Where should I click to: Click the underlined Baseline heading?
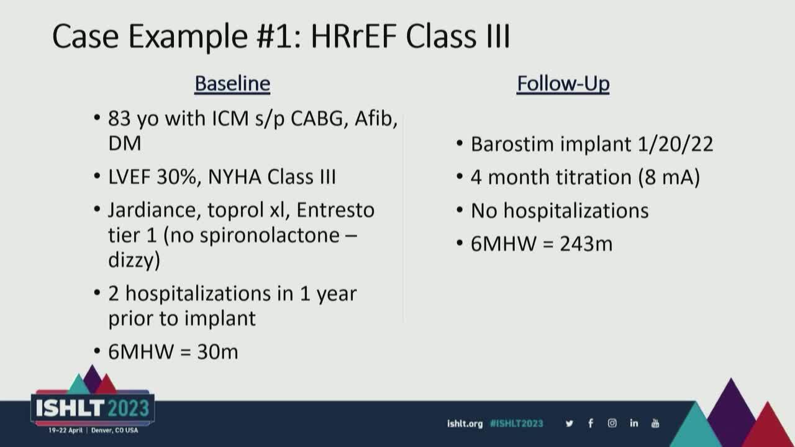(x=232, y=84)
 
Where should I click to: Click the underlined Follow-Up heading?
(x=563, y=84)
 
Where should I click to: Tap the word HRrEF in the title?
(x=353, y=36)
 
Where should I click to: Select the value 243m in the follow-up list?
(x=586, y=244)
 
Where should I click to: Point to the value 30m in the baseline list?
(x=217, y=351)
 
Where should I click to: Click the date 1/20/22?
(x=675, y=145)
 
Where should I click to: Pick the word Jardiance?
(x=152, y=210)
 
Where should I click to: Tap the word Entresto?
(x=335, y=210)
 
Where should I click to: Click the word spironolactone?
(x=270, y=235)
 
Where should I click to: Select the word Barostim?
(x=516, y=145)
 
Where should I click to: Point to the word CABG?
(x=319, y=119)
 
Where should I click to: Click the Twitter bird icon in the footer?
(x=570, y=423)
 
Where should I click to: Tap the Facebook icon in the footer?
(x=591, y=423)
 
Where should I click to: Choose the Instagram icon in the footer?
(x=612, y=423)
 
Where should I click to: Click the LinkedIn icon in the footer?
(x=634, y=423)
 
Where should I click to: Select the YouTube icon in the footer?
(x=655, y=423)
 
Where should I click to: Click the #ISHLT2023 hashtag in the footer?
(x=516, y=423)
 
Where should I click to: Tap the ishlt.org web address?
(x=465, y=423)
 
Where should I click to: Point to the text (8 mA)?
(x=669, y=177)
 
